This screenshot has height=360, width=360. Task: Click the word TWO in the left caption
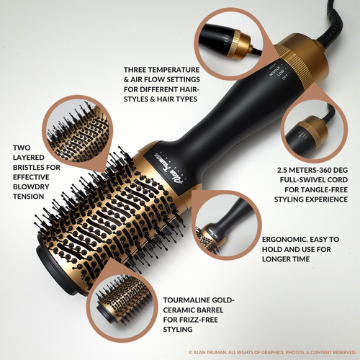click(23, 148)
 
